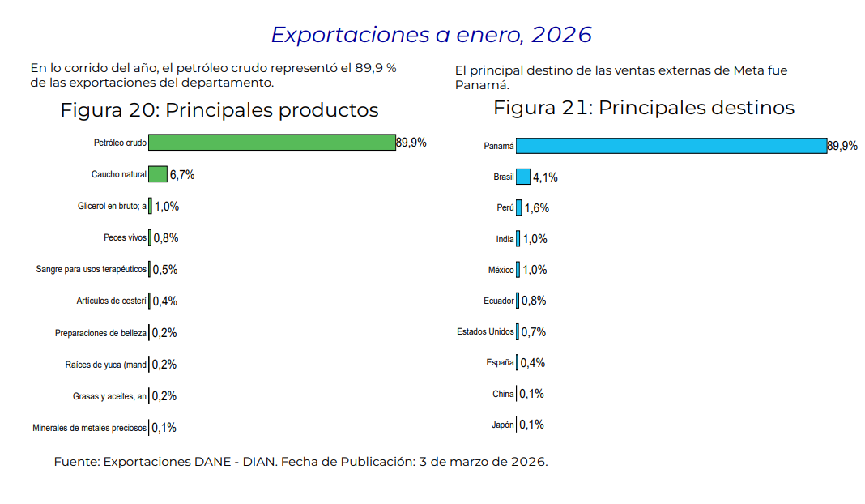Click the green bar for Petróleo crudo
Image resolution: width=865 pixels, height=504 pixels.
point(271,143)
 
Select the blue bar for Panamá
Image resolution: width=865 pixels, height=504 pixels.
point(671,146)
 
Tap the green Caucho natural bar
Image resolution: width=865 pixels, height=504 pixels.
point(158,174)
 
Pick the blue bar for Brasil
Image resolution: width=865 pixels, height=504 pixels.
point(523,177)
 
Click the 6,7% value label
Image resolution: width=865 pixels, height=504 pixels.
point(182,175)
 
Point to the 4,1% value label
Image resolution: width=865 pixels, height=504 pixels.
point(545,177)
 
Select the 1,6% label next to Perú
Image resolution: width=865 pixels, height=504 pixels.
point(536,208)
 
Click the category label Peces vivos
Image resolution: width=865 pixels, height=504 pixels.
point(125,237)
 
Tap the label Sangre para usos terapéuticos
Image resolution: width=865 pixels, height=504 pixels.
point(92,269)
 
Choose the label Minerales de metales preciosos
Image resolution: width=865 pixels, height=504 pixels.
point(90,428)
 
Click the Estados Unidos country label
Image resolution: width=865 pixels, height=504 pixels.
point(485,331)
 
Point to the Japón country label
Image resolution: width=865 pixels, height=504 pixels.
point(502,425)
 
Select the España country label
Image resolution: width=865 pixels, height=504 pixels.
point(500,363)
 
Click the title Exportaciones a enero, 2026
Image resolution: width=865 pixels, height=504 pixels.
point(431,35)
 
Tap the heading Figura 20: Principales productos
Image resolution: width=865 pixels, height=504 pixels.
point(219,110)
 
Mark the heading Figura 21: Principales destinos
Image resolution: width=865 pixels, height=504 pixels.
point(644,108)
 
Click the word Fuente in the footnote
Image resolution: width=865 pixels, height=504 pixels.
point(76,462)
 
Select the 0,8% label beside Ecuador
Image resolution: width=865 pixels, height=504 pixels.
point(534,301)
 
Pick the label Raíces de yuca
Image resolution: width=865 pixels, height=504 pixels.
point(106,365)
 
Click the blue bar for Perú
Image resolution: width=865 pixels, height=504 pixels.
point(519,207)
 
